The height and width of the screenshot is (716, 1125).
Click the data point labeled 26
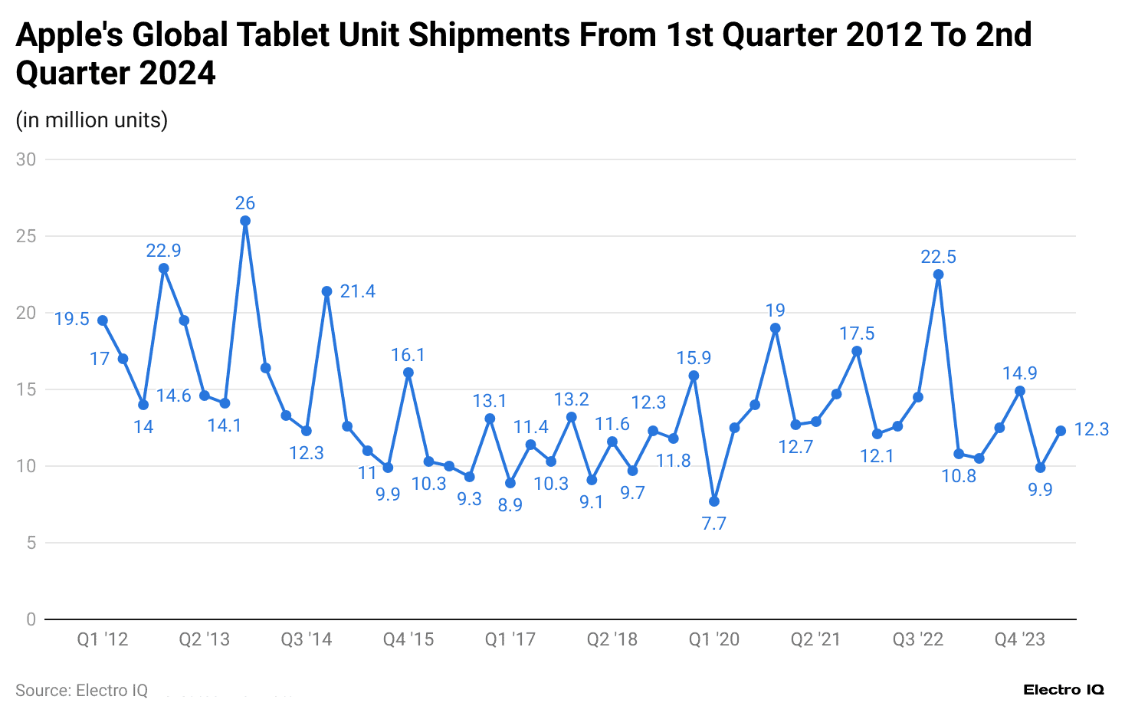[x=245, y=221]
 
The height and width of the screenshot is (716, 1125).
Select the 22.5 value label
[x=938, y=257]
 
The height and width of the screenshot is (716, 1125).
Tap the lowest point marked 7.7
[x=714, y=501]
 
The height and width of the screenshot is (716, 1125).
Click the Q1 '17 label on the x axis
[x=510, y=639]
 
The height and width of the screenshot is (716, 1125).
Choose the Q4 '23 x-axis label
[x=1019, y=639]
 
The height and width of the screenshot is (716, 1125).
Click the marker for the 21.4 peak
[x=326, y=291]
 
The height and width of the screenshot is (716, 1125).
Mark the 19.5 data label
[x=72, y=319]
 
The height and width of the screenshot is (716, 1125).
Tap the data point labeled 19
[x=775, y=328]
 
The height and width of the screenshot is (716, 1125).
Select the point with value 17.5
[x=857, y=351]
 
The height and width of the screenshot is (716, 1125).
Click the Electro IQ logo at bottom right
[x=1064, y=690]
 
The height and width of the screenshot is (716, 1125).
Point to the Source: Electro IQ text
[x=81, y=691]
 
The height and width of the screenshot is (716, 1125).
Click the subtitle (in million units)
[x=92, y=120]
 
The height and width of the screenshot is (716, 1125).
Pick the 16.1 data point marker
[x=408, y=373]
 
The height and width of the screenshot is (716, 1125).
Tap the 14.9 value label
[x=1019, y=373]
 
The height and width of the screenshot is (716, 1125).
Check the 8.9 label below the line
[x=510, y=505]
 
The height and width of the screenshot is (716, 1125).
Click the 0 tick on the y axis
[x=31, y=619]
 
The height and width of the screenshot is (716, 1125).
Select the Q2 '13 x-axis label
[x=204, y=639]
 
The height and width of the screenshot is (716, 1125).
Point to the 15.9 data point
[x=694, y=376]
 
